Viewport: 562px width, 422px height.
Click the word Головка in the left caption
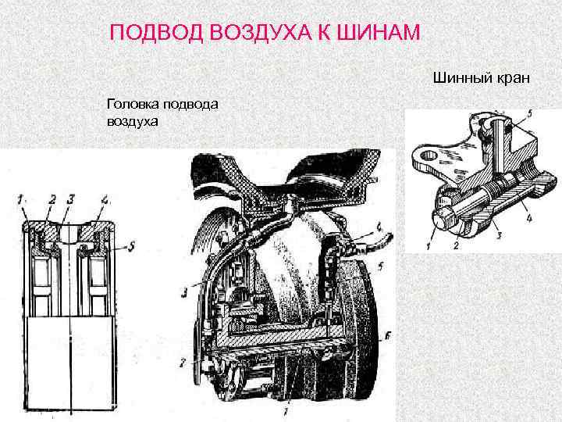click(x=130, y=105)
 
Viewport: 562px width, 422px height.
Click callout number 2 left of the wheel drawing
click(x=183, y=363)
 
